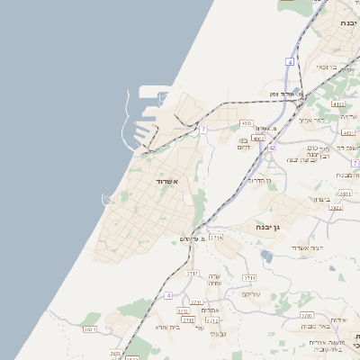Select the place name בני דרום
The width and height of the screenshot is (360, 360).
coord(242,144)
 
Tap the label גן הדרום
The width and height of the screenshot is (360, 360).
coord(260,181)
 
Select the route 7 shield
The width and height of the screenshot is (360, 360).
coord(204,130)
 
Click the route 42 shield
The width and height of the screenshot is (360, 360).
coord(272,146)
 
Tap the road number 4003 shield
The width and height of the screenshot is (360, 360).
coord(247,122)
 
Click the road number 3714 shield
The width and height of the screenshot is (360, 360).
coord(215,237)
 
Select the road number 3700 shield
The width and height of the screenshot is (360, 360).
coord(308,316)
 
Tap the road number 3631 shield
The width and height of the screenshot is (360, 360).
coord(89,329)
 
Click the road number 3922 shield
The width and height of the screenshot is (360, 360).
coord(335,208)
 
